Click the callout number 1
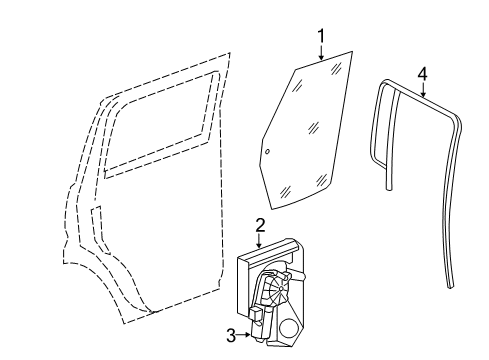click(322, 37)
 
